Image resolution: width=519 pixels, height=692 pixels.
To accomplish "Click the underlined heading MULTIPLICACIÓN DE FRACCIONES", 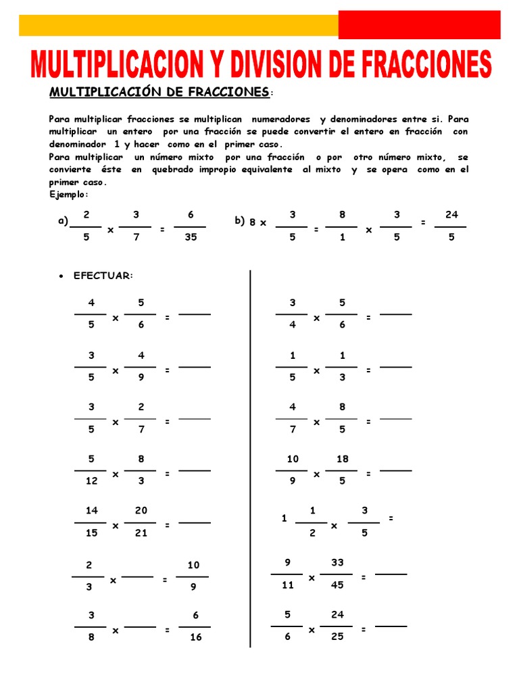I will (x=159, y=91).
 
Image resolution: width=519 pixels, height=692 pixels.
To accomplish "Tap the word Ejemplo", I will (x=68, y=195).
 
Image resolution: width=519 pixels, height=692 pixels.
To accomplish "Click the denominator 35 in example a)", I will (x=191, y=237).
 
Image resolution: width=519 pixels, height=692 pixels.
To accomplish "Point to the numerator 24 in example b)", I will (x=451, y=215).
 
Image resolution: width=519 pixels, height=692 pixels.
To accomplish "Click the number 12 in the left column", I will (x=92, y=481).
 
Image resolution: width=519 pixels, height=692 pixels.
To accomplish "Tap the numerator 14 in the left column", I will (x=92, y=510).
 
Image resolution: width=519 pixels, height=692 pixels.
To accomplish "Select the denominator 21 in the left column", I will (x=141, y=533).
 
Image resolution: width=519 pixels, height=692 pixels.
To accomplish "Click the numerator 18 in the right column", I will (x=342, y=459).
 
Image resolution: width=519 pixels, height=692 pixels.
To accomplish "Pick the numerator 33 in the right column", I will (x=337, y=562).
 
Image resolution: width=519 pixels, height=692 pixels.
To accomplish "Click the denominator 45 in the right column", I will (x=337, y=585).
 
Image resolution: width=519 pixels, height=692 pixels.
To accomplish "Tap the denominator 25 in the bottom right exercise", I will (x=337, y=637).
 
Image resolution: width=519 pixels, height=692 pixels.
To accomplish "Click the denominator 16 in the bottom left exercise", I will (x=195, y=637).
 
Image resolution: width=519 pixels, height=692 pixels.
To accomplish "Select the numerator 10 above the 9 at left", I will (x=193, y=565).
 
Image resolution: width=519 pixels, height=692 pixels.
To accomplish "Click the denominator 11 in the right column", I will (x=288, y=585).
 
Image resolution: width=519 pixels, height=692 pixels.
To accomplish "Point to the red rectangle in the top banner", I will (x=419, y=25).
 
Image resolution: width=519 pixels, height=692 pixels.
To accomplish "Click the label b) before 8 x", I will (x=239, y=221).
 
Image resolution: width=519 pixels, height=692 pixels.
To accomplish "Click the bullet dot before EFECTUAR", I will (x=61, y=276).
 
